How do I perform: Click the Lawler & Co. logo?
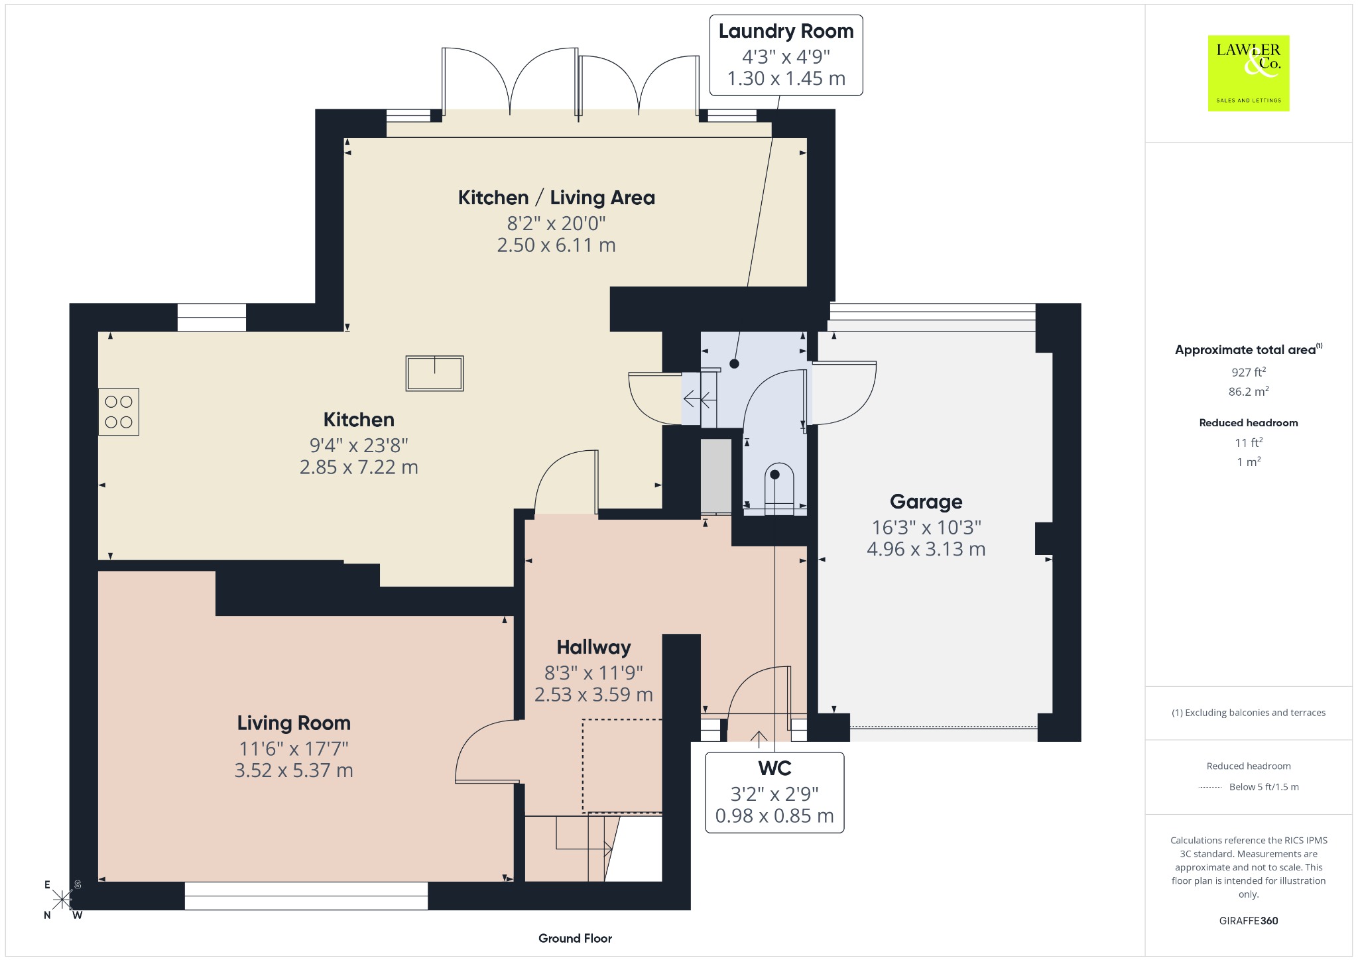click(1249, 73)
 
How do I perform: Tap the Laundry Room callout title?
click(786, 31)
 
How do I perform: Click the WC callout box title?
click(774, 768)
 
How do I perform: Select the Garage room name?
click(926, 502)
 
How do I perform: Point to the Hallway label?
click(593, 647)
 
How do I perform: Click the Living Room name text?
click(294, 723)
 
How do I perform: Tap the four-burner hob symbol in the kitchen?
click(119, 412)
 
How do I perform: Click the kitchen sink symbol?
click(435, 373)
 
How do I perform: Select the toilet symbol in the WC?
click(779, 489)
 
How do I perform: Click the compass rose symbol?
click(62, 900)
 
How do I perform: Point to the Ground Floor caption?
click(575, 938)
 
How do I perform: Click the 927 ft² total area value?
click(1249, 372)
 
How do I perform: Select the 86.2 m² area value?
click(1249, 391)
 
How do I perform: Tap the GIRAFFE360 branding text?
click(1249, 920)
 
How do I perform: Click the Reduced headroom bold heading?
click(1249, 422)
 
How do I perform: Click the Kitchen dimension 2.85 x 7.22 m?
click(359, 467)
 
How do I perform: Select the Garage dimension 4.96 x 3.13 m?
click(926, 549)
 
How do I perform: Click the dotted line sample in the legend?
click(1210, 788)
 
